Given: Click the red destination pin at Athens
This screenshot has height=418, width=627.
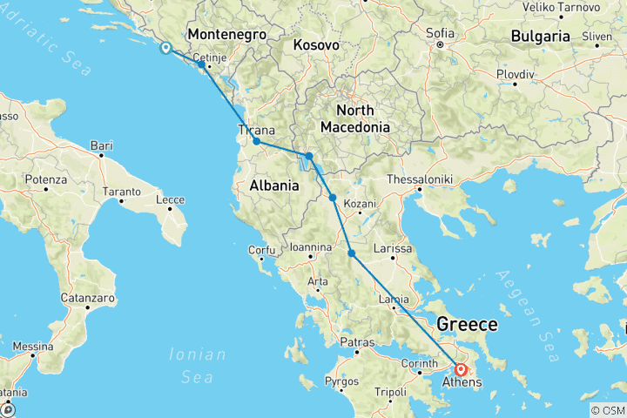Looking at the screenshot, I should [x=461, y=370].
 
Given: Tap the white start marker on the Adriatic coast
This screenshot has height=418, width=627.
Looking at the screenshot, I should [x=165, y=48].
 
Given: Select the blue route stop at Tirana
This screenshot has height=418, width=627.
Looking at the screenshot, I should [x=256, y=141].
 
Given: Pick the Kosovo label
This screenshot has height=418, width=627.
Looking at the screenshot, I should [x=315, y=44].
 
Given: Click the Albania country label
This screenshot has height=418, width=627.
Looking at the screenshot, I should [x=274, y=185].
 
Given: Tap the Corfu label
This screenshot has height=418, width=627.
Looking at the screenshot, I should [x=261, y=250].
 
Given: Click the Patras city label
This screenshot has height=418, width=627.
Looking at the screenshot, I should [x=358, y=342].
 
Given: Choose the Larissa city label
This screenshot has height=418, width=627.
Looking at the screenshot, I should [x=392, y=249].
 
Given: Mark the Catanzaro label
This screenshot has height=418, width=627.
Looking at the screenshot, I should [x=88, y=298].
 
